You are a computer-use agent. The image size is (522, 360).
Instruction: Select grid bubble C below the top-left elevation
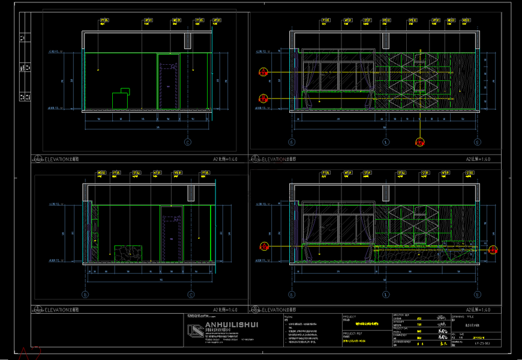coord(187,143)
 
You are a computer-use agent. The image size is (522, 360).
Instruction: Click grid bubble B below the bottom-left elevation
coord(85,295)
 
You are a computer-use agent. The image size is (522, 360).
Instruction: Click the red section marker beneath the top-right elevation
coord(420,143)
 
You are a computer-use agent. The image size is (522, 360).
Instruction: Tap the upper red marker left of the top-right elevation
coord(263,73)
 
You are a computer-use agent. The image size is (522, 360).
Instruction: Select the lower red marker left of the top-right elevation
coord(263,98)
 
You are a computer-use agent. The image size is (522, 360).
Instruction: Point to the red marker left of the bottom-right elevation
coord(263,245)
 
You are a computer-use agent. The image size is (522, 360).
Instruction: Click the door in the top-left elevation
coord(169,83)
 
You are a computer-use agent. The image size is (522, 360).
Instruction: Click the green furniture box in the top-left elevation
coord(121,100)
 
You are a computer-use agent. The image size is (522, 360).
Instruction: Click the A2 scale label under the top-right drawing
coord(478,160)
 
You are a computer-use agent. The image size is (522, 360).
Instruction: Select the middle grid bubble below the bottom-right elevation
coord(385,295)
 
